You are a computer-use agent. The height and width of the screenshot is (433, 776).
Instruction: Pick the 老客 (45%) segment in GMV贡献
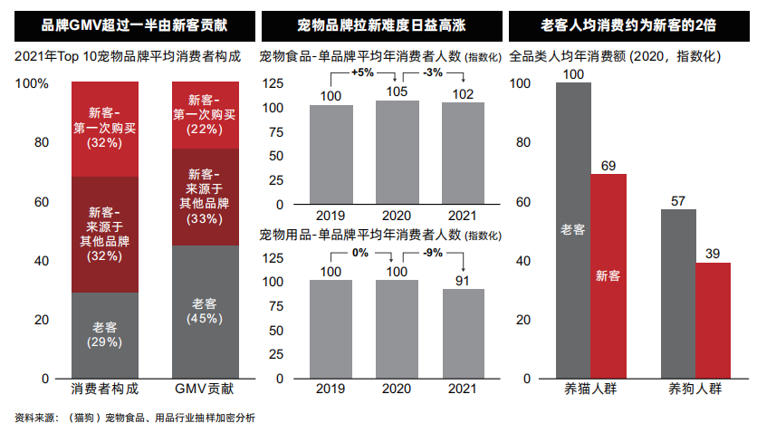point(205,311)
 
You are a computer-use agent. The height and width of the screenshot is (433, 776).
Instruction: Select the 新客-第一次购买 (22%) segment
point(205,114)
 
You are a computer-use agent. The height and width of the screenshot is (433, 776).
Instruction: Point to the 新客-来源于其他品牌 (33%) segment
point(205,196)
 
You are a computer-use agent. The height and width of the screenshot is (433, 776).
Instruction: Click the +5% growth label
point(364,72)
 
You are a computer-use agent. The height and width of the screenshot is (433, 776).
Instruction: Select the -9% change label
point(432,253)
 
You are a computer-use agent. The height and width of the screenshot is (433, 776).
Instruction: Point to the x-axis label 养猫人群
point(590,390)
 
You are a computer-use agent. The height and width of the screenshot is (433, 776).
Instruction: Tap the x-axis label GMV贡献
point(205,390)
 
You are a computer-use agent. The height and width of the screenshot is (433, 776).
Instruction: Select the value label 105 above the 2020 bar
point(397,91)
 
